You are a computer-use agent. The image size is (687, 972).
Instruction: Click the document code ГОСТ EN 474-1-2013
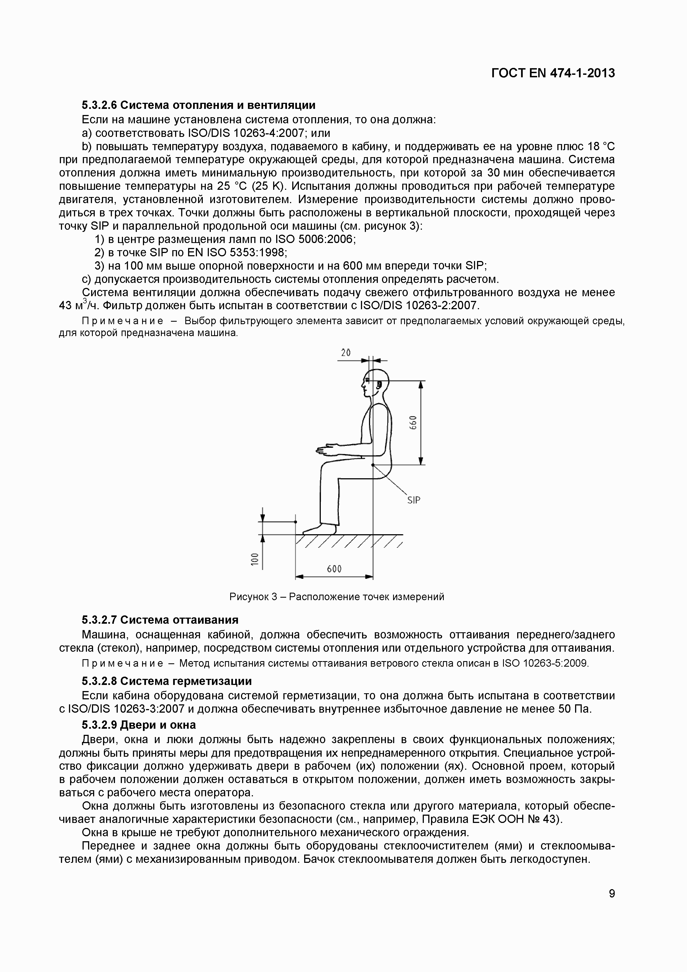553,73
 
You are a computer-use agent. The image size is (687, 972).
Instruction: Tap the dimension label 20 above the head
345,352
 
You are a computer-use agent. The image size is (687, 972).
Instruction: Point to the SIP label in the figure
414,500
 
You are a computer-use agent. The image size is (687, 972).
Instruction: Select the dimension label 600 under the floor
334,569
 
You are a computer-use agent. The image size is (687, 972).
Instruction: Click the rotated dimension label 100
254,559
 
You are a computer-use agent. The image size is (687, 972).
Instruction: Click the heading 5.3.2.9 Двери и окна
139,725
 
